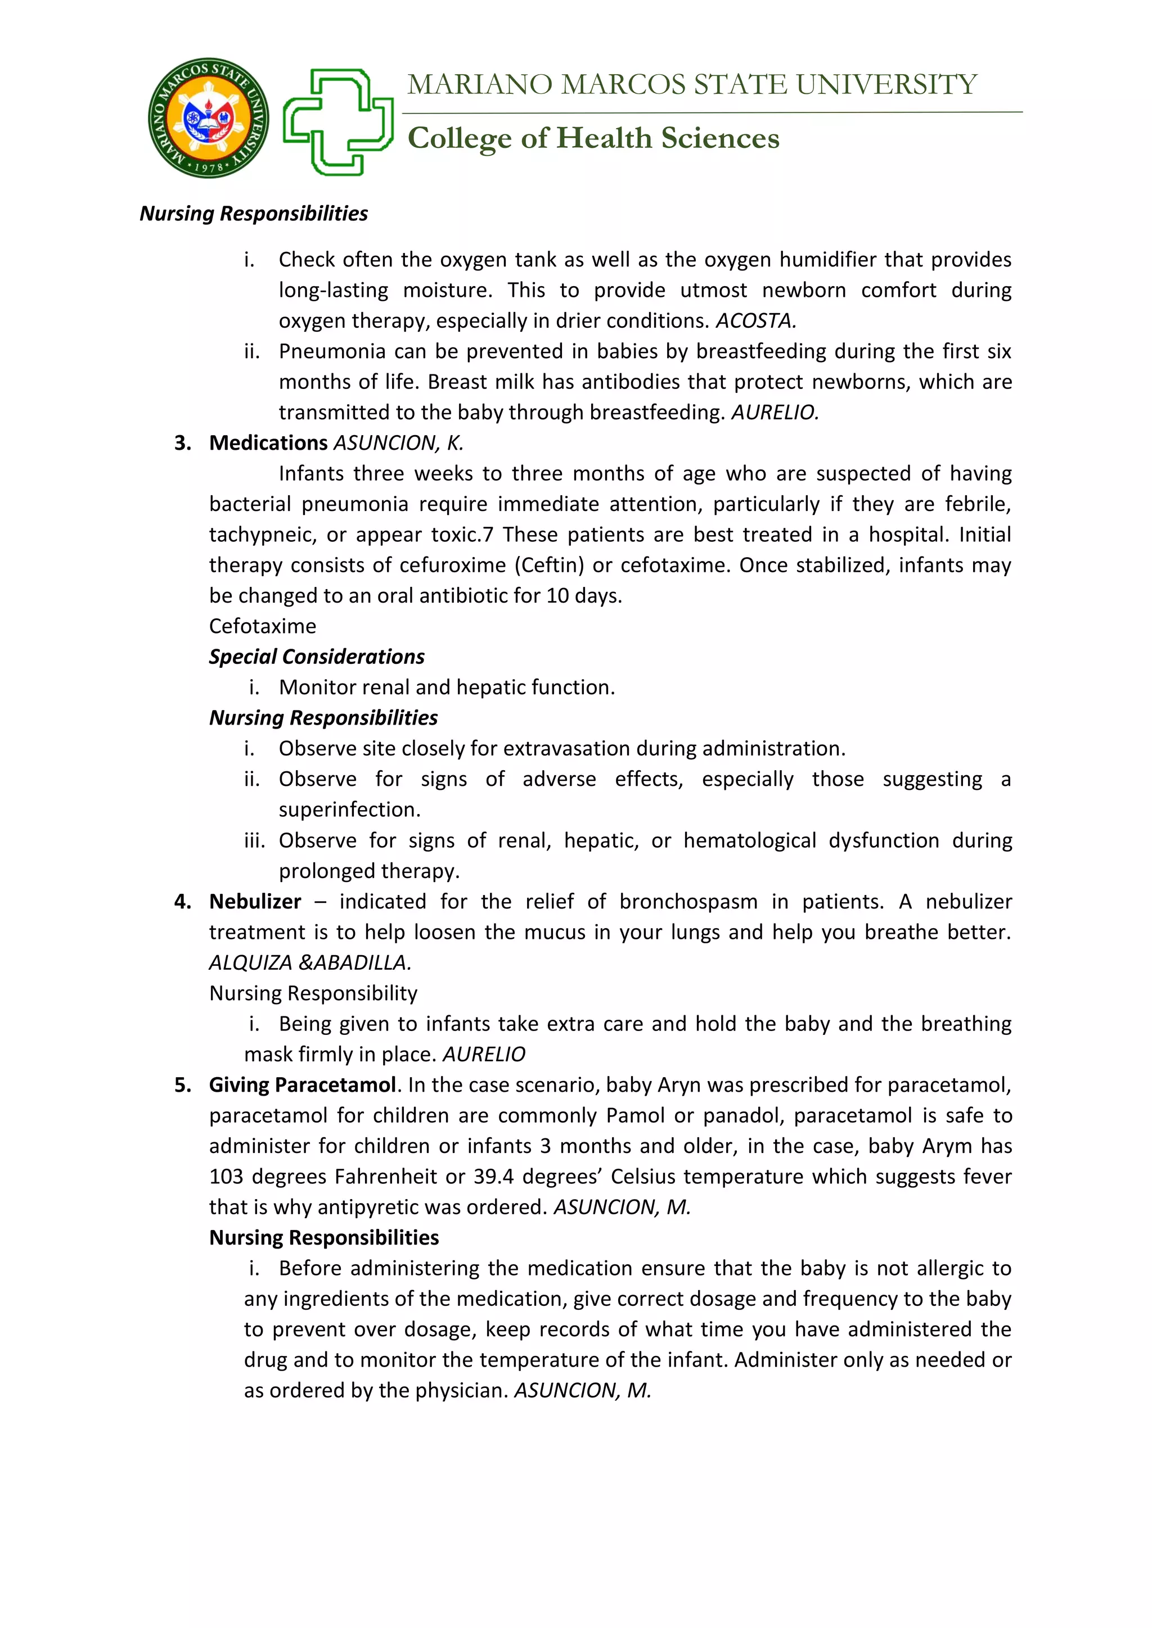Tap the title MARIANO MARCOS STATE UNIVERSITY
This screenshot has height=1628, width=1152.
(x=692, y=85)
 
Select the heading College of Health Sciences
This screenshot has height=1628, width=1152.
(x=593, y=138)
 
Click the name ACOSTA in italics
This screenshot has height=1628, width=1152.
(x=755, y=321)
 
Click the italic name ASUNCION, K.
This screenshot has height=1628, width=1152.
(x=398, y=443)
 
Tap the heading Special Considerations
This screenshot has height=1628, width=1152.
(x=316, y=657)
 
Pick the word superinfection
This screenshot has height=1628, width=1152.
(x=349, y=810)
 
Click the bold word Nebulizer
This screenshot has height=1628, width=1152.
(x=255, y=902)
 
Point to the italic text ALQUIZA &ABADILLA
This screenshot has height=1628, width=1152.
(x=310, y=963)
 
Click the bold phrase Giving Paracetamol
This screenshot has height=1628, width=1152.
(x=302, y=1085)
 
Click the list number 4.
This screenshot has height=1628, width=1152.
(x=182, y=902)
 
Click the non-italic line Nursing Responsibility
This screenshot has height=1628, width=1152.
(x=313, y=993)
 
